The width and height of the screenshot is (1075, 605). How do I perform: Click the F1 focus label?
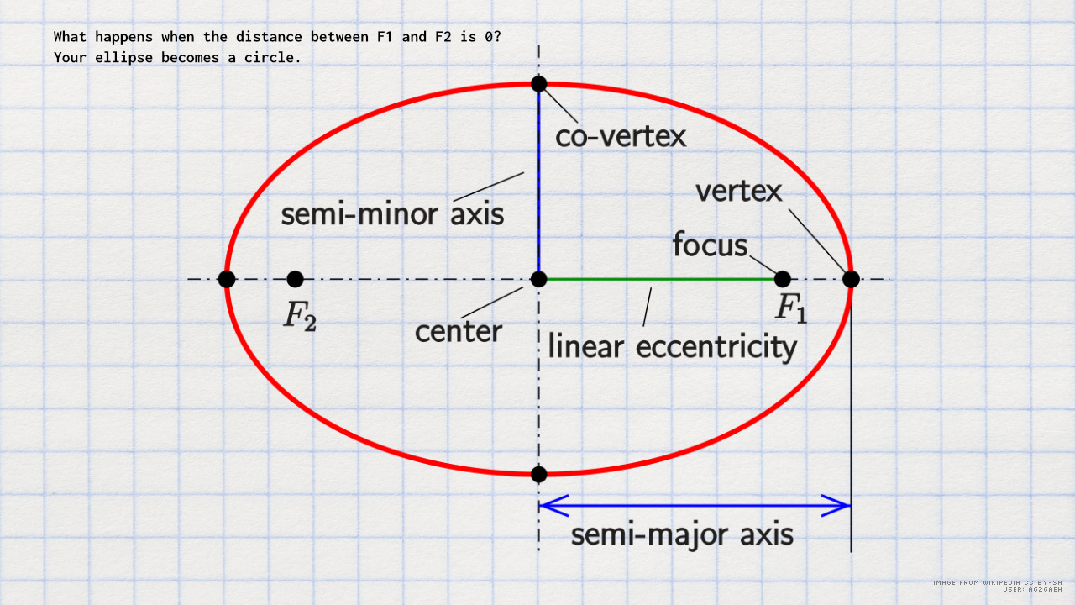coord(790,308)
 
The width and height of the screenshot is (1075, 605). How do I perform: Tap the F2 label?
coord(300,315)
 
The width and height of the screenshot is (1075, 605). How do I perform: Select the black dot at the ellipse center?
coord(539,279)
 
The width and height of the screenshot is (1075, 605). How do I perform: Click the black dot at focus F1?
coord(782,279)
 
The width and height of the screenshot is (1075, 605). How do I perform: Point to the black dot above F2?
coord(295,279)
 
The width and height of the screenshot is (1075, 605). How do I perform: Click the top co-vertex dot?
coord(539,83)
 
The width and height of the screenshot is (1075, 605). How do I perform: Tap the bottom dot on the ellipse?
coord(539,474)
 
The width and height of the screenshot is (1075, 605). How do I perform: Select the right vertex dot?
coord(851,279)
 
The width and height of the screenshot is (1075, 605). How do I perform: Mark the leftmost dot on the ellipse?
coord(226,279)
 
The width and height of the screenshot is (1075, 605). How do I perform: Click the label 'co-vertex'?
coord(621,136)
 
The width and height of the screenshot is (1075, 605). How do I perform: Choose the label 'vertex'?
coord(739,192)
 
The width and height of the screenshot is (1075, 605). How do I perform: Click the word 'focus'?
coord(710,245)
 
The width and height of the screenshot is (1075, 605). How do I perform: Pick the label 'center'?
coord(459,330)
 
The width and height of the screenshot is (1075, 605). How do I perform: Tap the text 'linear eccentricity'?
coord(672,346)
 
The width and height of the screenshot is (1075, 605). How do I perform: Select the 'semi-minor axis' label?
coord(392,214)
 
